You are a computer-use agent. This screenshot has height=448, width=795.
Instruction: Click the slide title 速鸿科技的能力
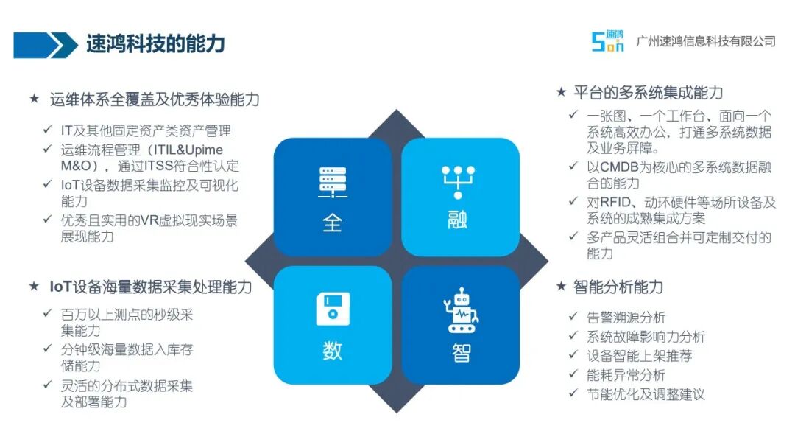[155, 44]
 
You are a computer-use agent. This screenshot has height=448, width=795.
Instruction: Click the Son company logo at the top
[607, 41]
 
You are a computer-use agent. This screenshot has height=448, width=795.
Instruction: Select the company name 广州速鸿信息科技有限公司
[706, 41]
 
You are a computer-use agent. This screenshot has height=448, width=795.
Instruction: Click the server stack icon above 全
[333, 182]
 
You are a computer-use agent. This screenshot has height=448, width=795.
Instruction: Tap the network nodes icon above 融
[458, 182]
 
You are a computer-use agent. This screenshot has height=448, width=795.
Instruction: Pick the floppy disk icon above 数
[333, 309]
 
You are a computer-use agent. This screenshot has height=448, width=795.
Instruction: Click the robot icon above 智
[461, 310]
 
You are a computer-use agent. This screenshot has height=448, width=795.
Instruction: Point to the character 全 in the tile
[333, 223]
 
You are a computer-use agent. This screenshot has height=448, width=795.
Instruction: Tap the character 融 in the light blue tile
[457, 220]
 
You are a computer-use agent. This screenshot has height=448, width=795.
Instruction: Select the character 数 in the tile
[333, 351]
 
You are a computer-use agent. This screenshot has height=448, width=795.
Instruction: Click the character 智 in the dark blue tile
[461, 353]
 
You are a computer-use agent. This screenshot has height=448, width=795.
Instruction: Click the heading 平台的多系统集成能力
[648, 93]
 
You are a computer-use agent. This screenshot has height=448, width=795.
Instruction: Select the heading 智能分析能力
[618, 287]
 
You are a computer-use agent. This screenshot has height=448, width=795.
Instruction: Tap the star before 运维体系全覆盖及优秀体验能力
[34, 99]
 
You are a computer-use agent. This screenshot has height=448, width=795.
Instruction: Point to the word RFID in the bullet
[615, 203]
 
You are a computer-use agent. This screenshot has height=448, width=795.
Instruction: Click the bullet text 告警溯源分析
[626, 318]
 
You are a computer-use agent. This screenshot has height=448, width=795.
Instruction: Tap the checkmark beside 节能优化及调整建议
[573, 393]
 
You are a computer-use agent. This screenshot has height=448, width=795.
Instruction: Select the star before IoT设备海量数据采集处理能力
[34, 286]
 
